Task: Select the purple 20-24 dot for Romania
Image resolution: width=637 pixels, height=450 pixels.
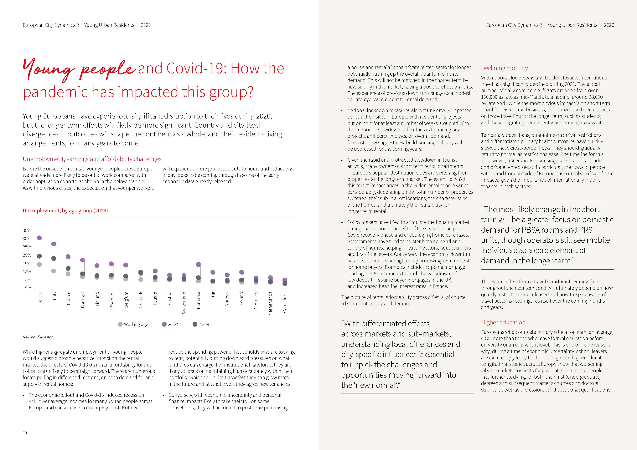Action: coord(198,265)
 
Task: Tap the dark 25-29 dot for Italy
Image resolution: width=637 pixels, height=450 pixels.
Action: coord(54,258)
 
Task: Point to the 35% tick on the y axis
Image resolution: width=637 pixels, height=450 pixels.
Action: coord(27,230)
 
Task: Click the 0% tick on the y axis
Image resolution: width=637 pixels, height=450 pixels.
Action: coord(28,288)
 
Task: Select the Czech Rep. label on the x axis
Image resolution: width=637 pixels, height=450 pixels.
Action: coord(285,302)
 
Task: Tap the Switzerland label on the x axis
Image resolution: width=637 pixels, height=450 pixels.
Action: coord(184,303)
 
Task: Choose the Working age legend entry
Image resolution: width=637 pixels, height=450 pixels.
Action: coord(133,324)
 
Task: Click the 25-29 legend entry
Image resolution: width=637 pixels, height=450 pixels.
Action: coord(201,324)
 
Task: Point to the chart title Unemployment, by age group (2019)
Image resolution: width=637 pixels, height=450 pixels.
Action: coord(65,211)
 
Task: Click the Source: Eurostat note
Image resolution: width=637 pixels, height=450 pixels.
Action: coord(38,337)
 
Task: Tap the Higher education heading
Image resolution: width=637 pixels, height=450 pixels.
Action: coord(503,322)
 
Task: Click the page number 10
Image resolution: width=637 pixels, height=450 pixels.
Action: coord(25,433)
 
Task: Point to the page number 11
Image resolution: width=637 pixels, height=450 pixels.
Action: coord(612,433)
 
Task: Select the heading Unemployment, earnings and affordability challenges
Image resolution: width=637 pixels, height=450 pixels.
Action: coord(92,159)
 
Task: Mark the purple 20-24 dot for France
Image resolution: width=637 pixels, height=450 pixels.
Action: coord(68,257)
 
